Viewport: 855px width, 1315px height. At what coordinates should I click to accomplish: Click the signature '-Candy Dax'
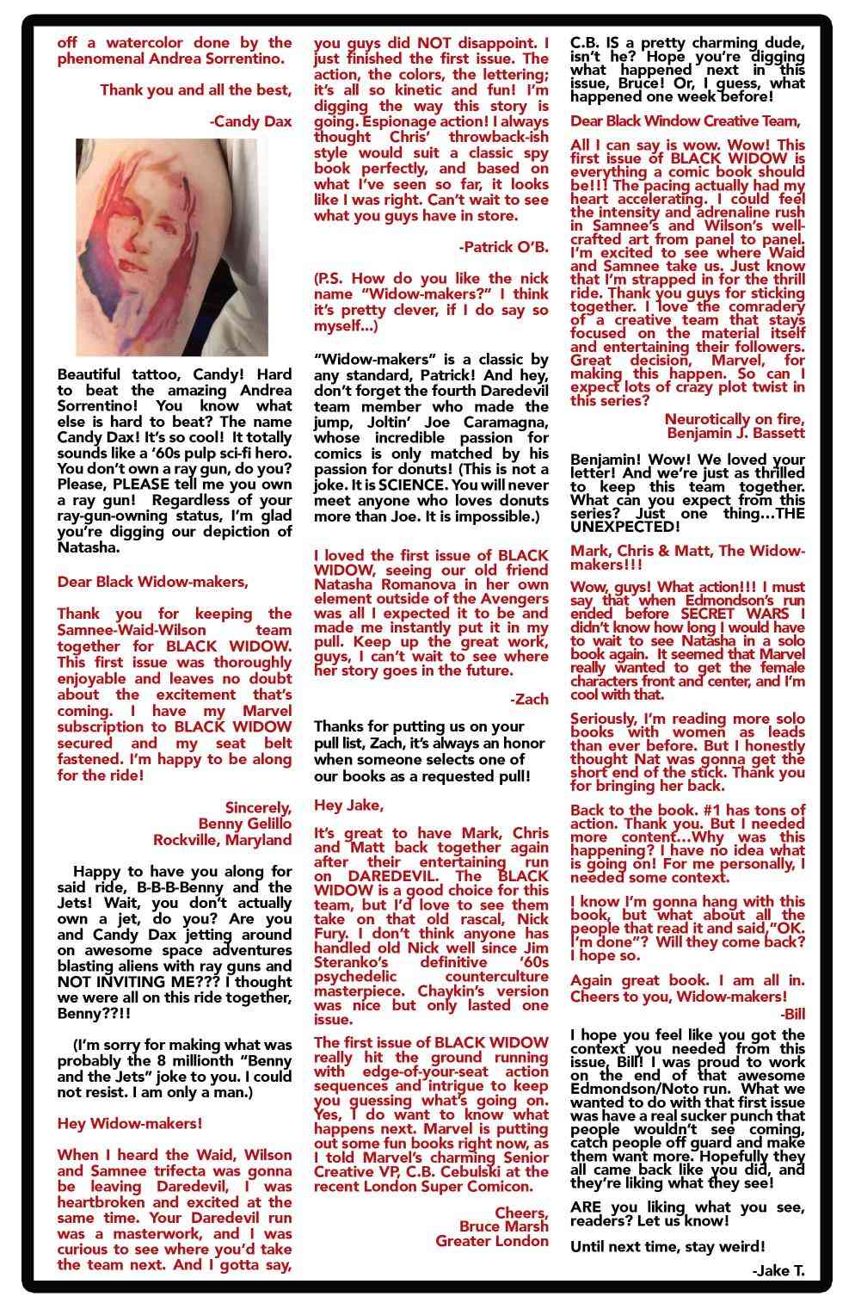click(x=250, y=122)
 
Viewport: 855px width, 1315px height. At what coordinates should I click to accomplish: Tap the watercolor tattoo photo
click(x=172, y=247)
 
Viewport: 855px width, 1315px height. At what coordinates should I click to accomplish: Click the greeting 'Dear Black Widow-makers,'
click(x=152, y=582)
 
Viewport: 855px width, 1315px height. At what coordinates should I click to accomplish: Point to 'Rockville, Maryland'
click(x=223, y=840)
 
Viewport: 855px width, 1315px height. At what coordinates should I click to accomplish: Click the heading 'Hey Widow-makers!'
click(x=130, y=1123)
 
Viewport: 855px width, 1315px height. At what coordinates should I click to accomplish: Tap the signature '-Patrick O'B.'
click(x=504, y=247)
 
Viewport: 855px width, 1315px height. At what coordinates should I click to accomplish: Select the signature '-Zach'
click(x=529, y=699)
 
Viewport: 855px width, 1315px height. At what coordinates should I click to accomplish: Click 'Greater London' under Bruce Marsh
click(x=492, y=1241)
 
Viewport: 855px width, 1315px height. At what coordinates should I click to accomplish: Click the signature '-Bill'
click(x=792, y=1014)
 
